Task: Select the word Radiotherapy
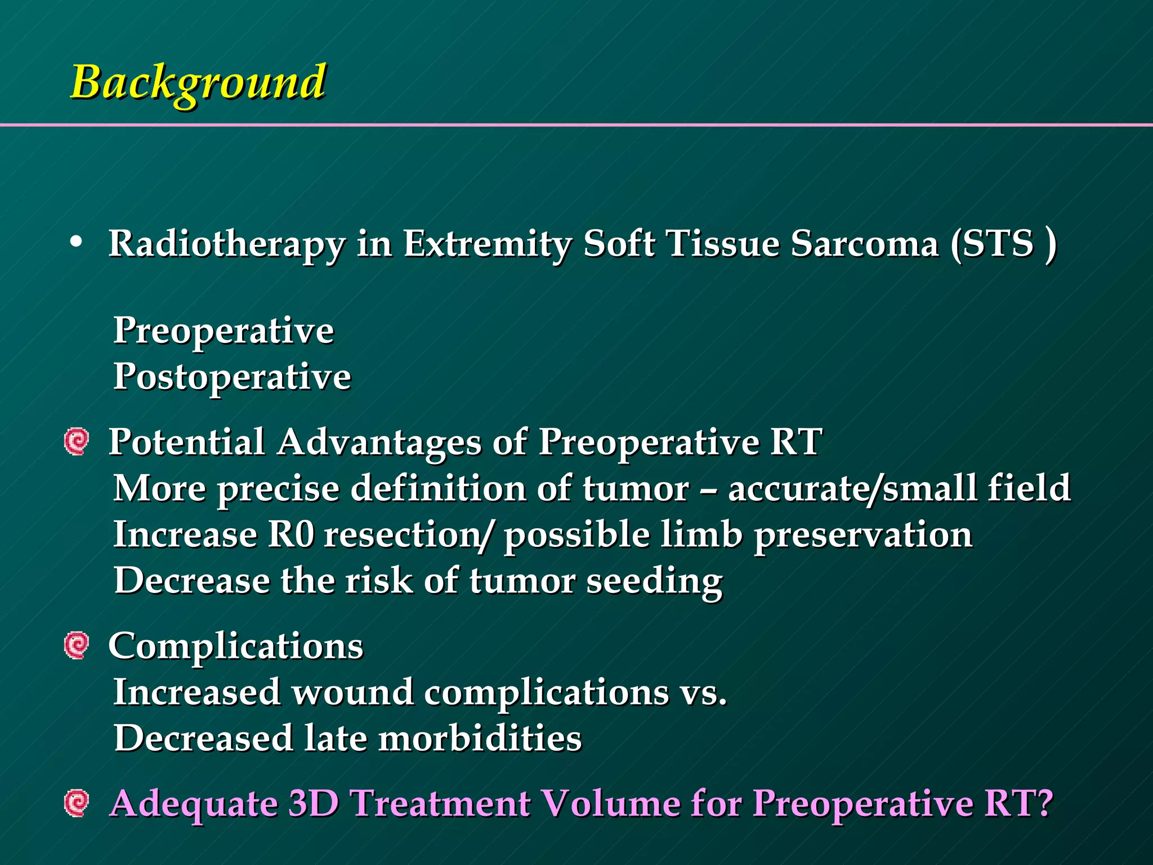[x=226, y=244]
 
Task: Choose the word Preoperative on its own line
[x=224, y=331]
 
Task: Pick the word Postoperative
[x=232, y=377]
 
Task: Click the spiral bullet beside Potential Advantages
[x=77, y=442]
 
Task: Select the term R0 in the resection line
[x=291, y=534]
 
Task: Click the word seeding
[x=654, y=581]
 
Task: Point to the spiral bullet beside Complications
[x=77, y=645]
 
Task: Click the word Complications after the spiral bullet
[x=235, y=646]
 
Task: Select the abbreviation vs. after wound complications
[x=703, y=693]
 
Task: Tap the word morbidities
[x=480, y=739]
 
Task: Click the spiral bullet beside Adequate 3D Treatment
[x=77, y=803]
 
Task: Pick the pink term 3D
[x=313, y=803]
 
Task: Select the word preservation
[x=862, y=534]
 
